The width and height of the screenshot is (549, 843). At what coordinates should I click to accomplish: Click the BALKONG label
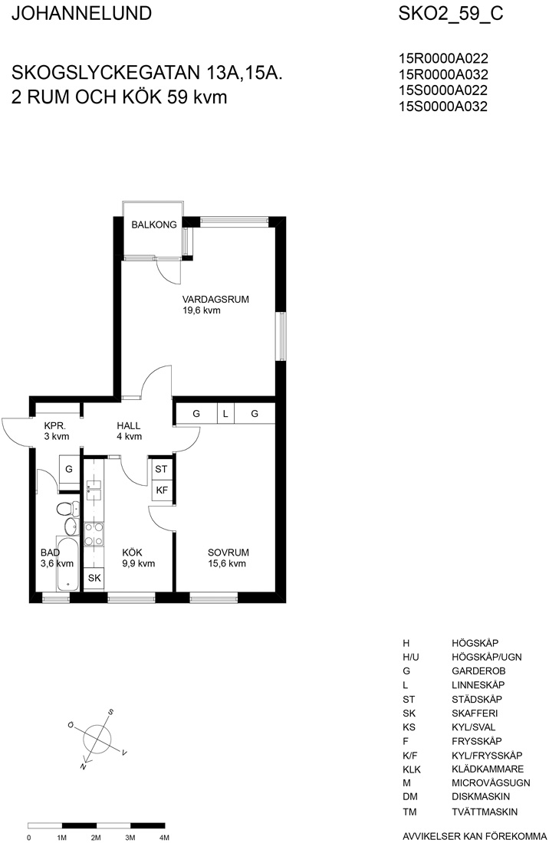tap(154, 225)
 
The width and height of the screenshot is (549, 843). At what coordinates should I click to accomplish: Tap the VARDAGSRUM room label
tap(215, 300)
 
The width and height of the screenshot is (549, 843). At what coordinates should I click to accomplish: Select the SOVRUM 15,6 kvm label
tap(228, 557)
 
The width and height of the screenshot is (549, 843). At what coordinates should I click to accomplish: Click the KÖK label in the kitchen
tap(133, 553)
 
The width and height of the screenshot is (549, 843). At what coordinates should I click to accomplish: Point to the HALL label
tap(129, 426)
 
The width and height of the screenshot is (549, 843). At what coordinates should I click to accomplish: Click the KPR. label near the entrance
tap(55, 426)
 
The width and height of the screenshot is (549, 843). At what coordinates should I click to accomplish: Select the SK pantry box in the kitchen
tap(94, 579)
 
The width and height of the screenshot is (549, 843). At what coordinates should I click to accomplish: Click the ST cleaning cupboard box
tap(161, 469)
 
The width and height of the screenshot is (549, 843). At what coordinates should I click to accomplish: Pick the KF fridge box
tap(161, 490)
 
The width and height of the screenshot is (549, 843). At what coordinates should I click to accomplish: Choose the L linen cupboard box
tap(226, 413)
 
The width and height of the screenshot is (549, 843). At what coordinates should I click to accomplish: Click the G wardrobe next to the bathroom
tap(69, 469)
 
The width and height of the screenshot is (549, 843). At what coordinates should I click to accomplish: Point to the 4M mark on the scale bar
tap(165, 838)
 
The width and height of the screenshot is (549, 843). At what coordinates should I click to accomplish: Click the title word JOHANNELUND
tap(82, 14)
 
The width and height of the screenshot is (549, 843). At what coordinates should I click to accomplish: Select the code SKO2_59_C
tap(451, 14)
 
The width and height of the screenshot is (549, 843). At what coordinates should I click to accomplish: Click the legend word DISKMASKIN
tap(481, 796)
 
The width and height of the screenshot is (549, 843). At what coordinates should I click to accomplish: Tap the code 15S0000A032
tap(443, 107)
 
